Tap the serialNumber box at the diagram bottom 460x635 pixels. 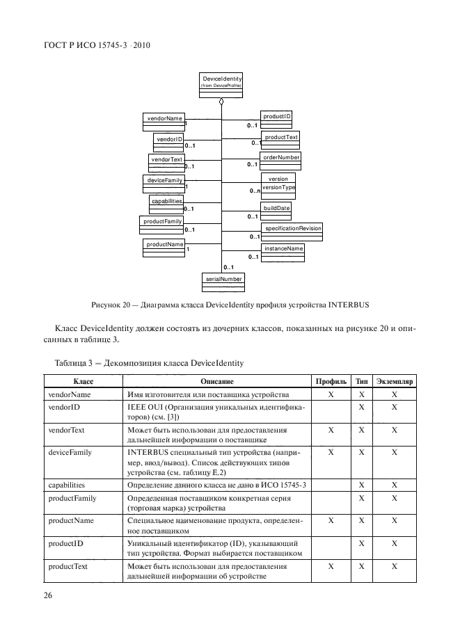tap(223, 280)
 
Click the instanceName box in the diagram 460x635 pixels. tap(283, 250)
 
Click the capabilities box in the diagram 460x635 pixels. tap(166, 202)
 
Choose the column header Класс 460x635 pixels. tap(83, 382)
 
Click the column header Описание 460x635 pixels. tap(216, 382)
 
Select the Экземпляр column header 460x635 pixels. tap(395, 382)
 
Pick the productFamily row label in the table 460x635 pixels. tap(71, 499)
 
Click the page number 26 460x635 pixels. tap(49, 596)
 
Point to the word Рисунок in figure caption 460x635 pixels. tap(108, 305)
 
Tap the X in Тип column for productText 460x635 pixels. tap(361, 568)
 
